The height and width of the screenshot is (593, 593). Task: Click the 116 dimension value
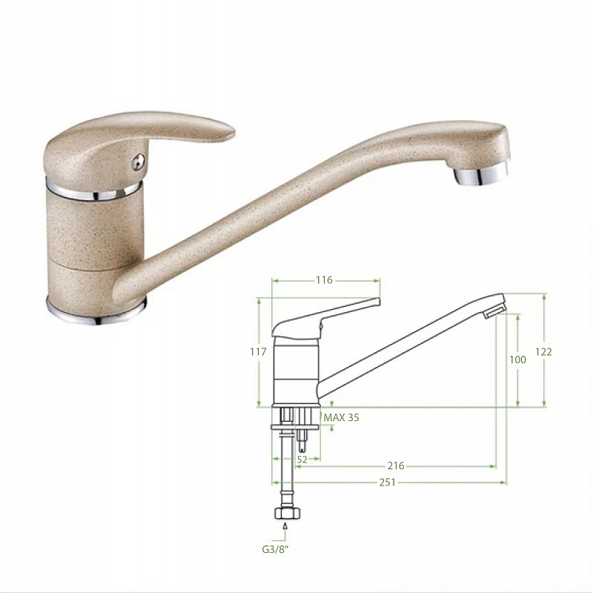pos(324,280)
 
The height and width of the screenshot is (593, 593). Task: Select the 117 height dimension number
pos(258,351)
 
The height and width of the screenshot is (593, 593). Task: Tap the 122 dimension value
pos(543,351)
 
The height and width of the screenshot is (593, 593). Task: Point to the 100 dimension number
pos(517,360)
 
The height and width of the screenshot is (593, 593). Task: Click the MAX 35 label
pos(342,417)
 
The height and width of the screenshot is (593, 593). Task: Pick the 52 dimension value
pos(302,460)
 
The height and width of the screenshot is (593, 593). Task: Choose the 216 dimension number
pos(396,466)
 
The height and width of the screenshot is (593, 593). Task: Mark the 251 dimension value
pos(387,483)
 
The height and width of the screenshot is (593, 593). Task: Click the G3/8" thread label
pos(275,549)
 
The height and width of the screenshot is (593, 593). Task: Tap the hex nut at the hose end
pos(288,513)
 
